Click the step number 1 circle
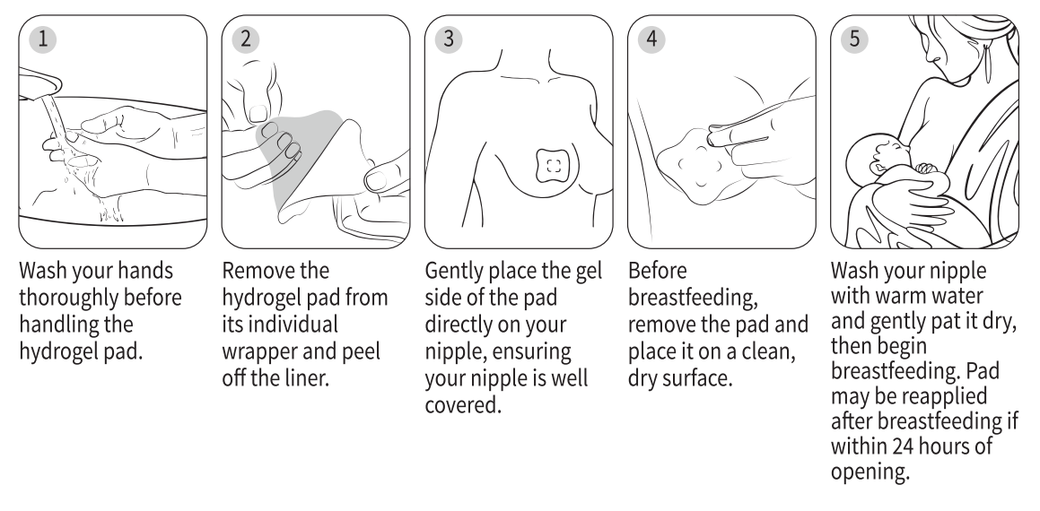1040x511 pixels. (42, 39)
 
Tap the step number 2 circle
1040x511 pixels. (245, 39)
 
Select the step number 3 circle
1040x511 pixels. (449, 39)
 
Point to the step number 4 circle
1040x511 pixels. (651, 39)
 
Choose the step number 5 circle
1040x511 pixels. (854, 39)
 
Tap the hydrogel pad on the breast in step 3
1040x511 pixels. (554, 167)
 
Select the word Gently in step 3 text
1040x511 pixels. (454, 271)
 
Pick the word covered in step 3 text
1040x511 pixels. (463, 405)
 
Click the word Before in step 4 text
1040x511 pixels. (658, 271)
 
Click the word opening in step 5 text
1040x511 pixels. (869, 472)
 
